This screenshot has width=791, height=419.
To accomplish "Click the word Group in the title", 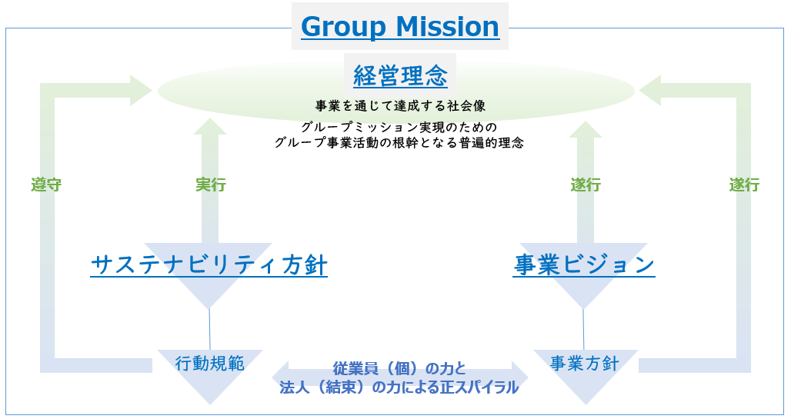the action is click(343, 27).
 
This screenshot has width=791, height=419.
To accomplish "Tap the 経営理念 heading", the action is click(400, 75).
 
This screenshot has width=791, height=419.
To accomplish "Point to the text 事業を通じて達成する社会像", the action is click(400, 106).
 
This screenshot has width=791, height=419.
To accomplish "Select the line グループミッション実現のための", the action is click(399, 127).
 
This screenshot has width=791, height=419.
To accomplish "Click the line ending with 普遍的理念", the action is click(399, 143).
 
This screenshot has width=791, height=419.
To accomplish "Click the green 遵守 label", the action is click(46, 185).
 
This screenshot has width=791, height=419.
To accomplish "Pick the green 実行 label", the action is click(211, 185).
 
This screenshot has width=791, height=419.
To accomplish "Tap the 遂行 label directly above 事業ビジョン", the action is click(586, 185).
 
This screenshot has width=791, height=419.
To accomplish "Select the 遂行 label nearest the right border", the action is click(744, 185).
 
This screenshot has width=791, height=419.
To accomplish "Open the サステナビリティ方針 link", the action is click(209, 264).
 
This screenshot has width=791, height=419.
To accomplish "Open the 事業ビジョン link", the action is click(584, 264).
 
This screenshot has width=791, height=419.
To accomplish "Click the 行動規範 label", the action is click(210, 363).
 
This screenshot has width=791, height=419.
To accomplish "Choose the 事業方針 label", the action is click(585, 363).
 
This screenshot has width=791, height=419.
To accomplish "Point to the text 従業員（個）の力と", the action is click(399, 368).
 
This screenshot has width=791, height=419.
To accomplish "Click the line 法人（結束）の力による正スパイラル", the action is click(399, 387).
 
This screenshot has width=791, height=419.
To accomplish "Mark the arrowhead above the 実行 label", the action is click(210, 127).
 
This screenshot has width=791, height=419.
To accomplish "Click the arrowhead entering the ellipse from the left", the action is click(141, 91).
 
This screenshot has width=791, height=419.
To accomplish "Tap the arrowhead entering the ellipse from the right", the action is click(649, 91).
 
